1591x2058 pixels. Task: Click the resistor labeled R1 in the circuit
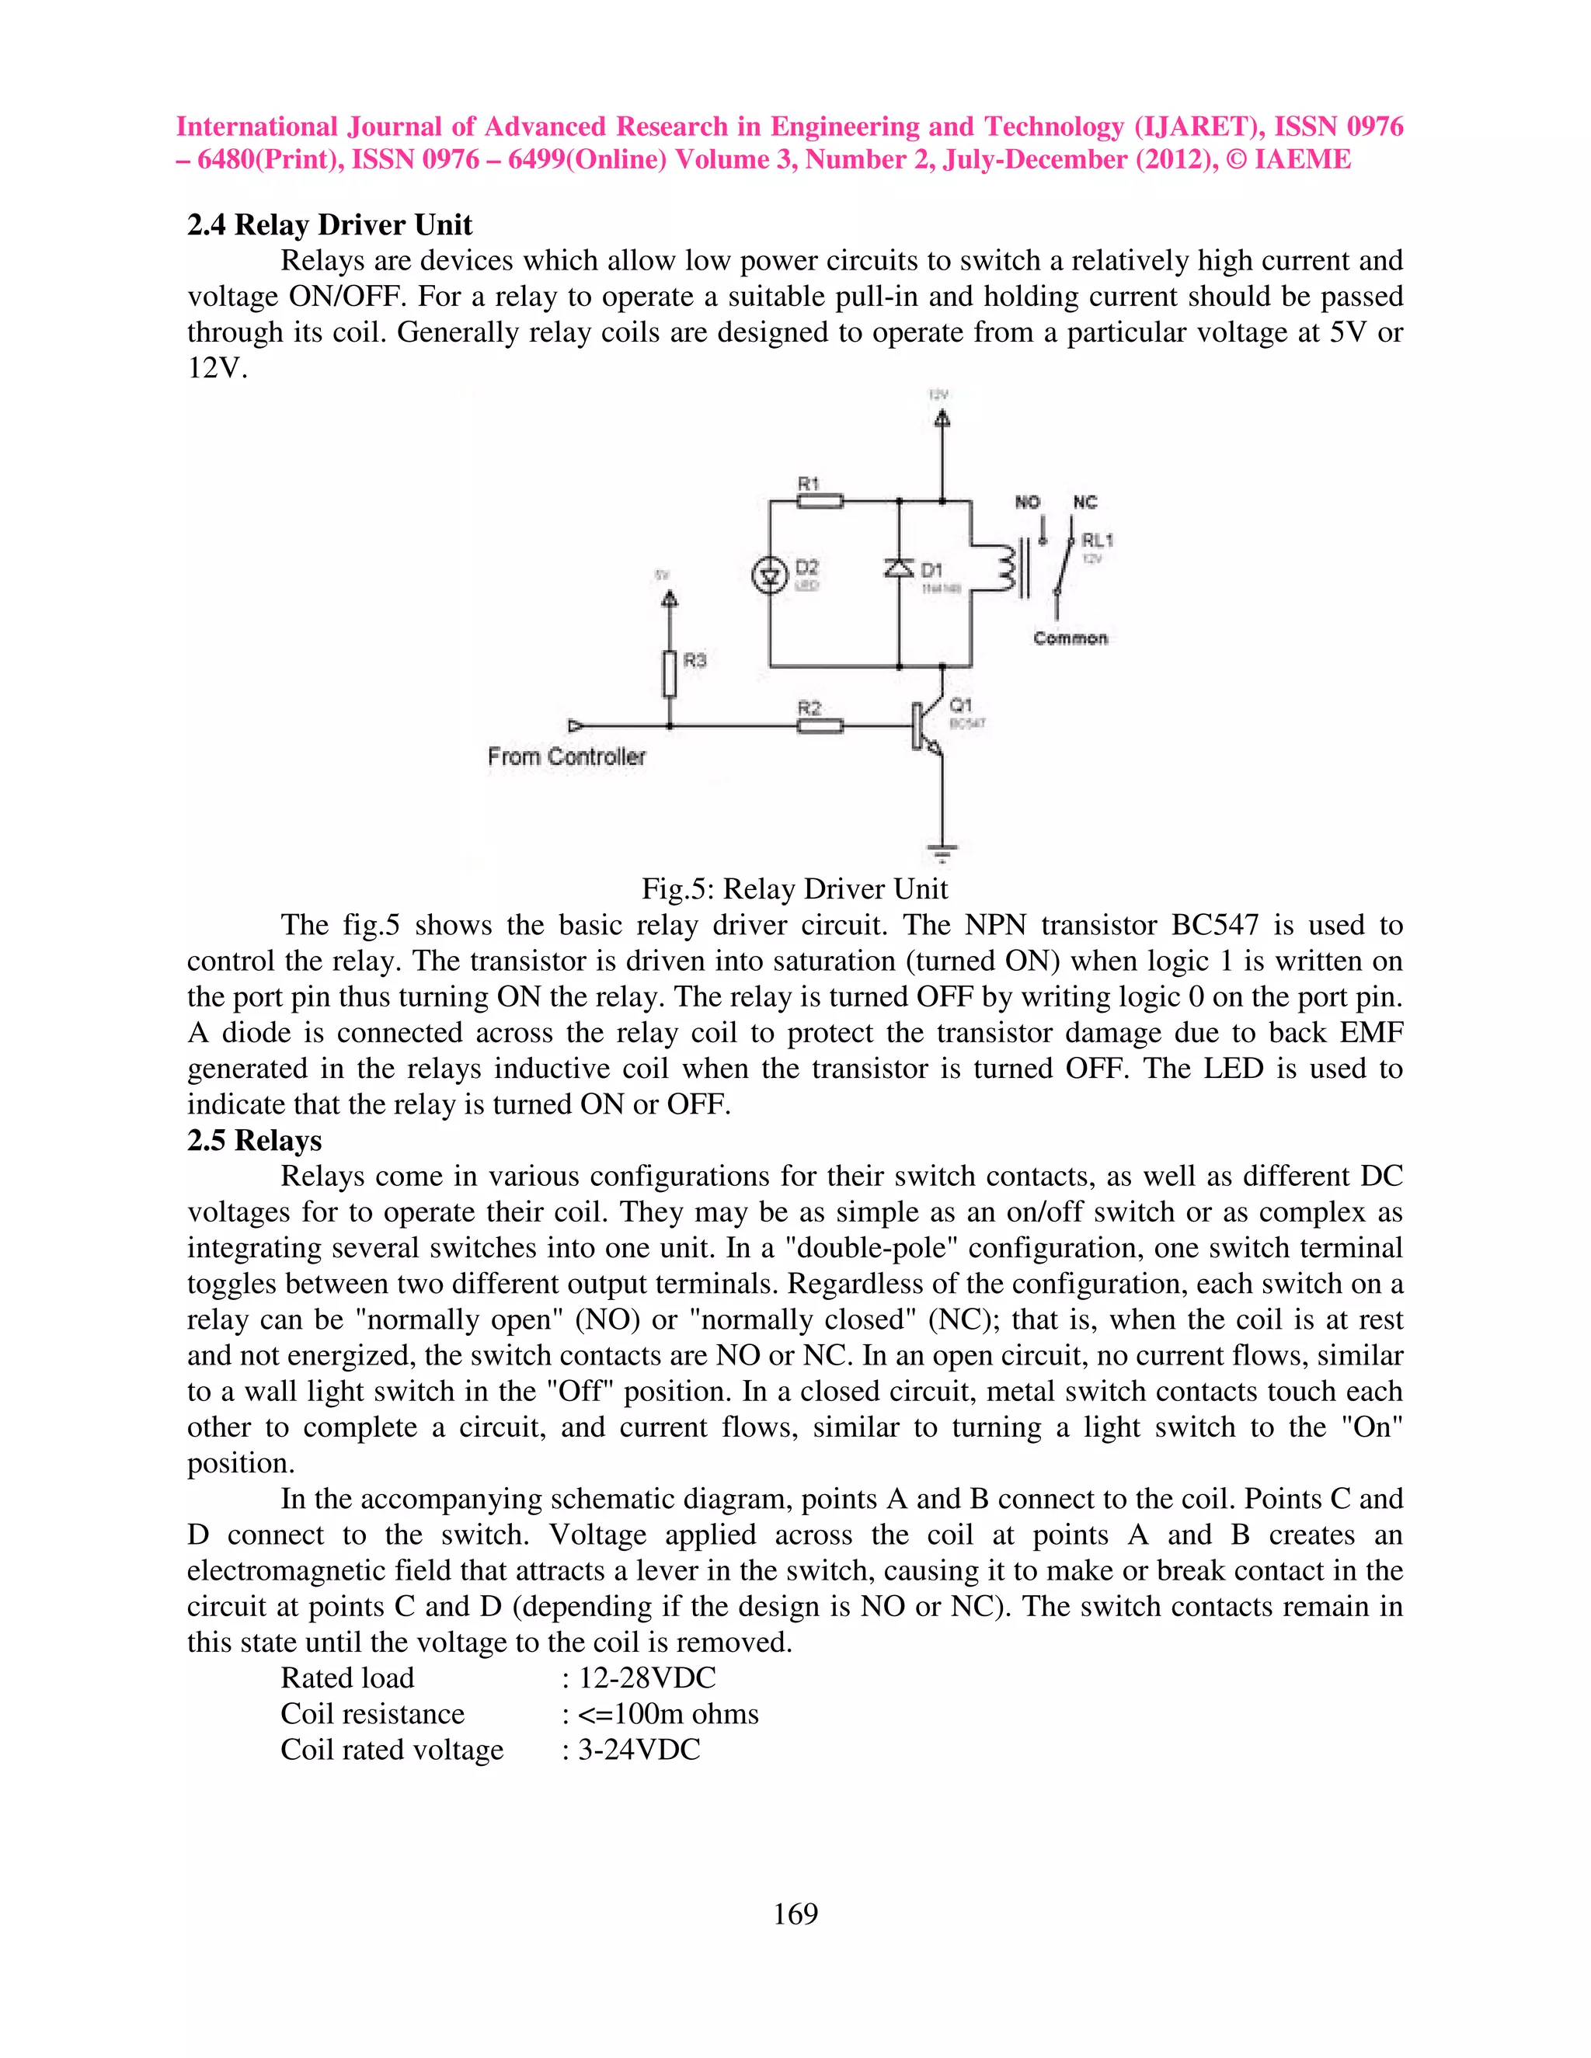[x=820, y=502]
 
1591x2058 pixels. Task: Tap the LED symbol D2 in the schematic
[x=770, y=575]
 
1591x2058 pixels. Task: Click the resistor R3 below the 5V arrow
[x=669, y=673]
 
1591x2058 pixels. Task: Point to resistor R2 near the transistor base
[x=820, y=725]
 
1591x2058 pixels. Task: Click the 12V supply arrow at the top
[x=942, y=418]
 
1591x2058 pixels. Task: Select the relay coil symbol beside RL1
[x=1004, y=568]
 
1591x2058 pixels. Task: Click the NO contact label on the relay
[x=1027, y=502]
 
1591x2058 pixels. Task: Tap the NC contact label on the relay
[x=1084, y=502]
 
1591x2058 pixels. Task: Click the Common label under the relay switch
[x=1070, y=638]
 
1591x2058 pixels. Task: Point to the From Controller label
[x=566, y=756]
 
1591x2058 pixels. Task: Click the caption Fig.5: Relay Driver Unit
[x=795, y=888]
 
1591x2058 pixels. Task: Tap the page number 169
[x=795, y=1914]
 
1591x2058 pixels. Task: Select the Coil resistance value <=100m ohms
[x=667, y=1713]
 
